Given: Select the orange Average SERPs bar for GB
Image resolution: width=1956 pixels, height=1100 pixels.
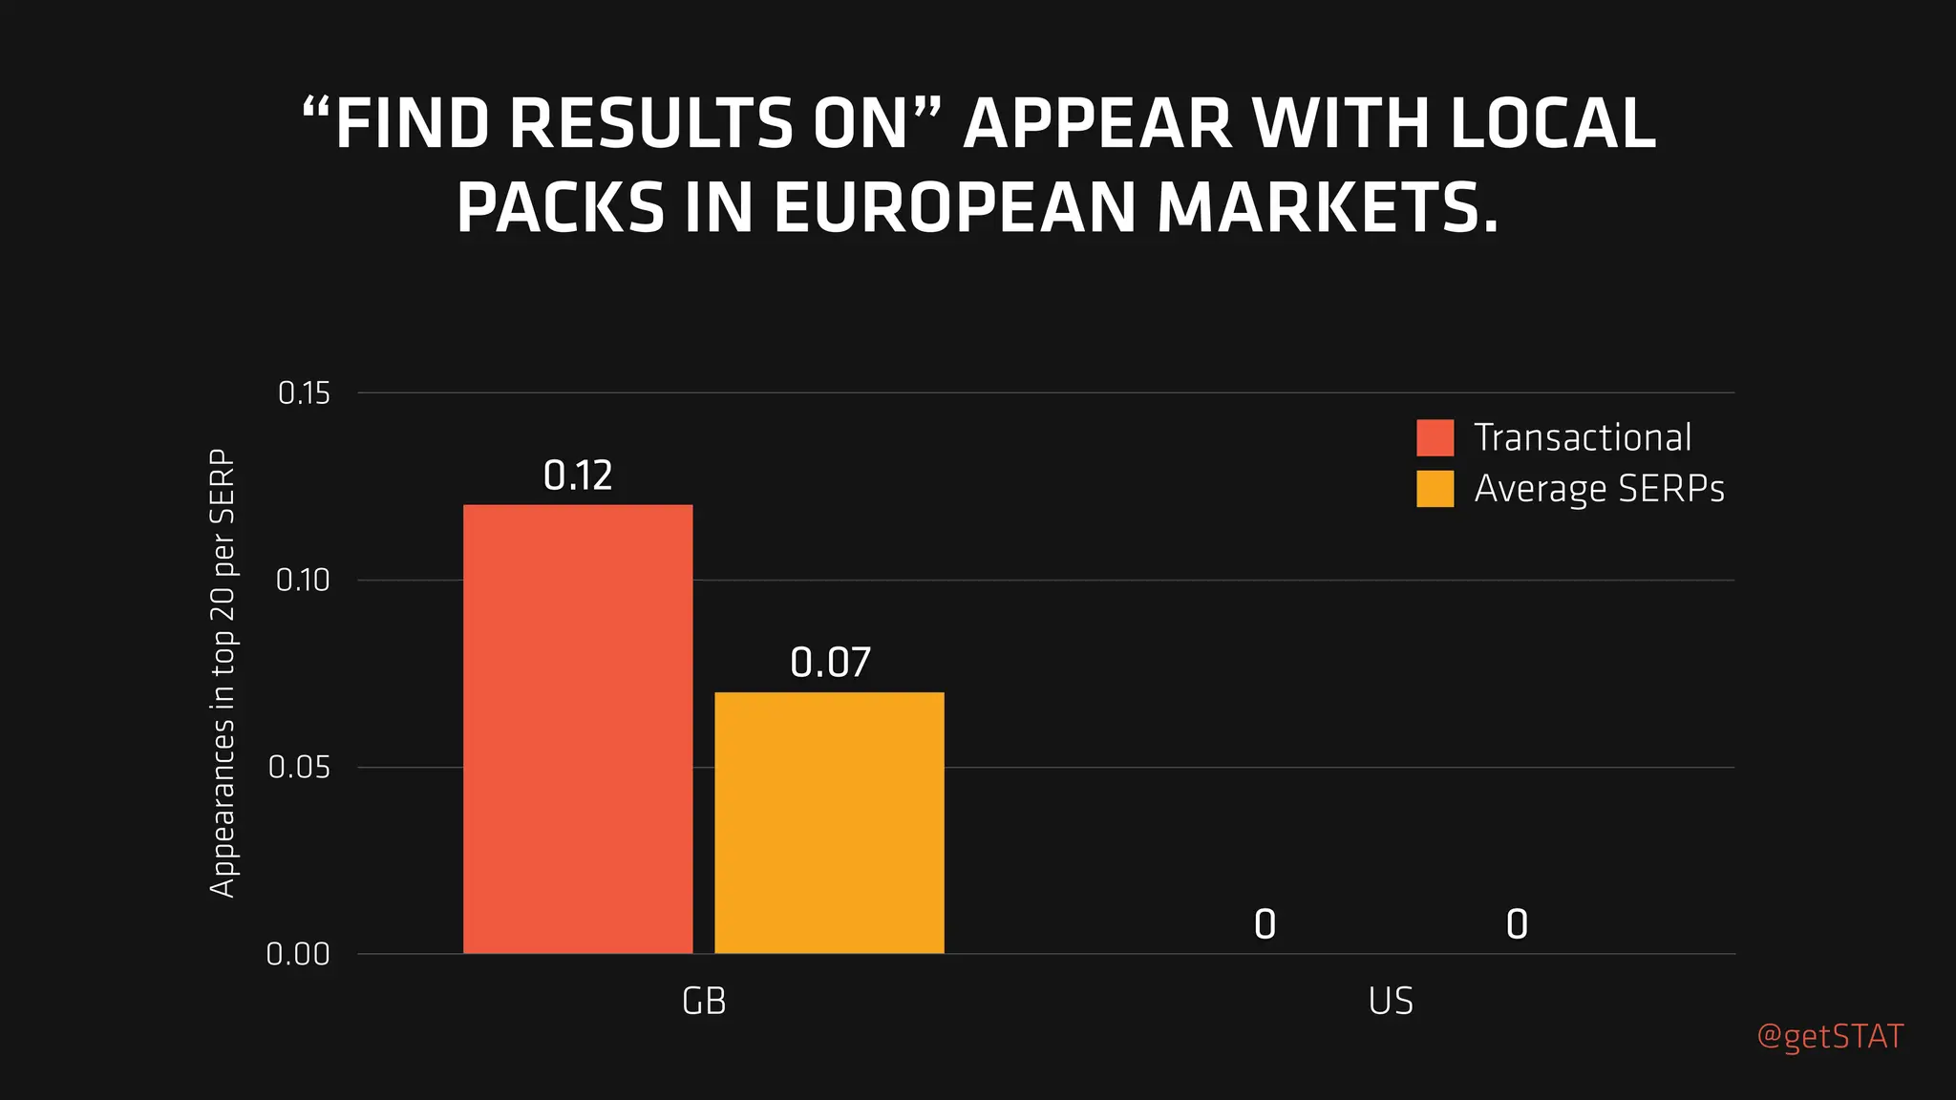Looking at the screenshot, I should point(829,822).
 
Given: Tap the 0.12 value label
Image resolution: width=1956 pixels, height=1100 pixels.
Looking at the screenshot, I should point(578,476).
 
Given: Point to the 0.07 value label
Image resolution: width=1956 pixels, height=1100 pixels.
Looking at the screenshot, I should point(830,663).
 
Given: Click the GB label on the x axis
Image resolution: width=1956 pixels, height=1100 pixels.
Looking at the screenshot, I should point(704,1002).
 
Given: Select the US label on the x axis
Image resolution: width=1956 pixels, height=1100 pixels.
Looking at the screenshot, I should point(1391,1002).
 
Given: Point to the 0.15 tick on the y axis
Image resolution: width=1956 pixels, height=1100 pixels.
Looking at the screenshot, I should point(304,392).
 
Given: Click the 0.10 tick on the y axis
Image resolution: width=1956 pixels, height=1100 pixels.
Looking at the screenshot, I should point(303,580).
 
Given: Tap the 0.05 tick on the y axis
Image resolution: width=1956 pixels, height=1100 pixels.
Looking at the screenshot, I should point(299,767).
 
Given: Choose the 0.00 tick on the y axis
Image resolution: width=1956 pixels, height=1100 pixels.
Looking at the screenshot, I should point(298,954).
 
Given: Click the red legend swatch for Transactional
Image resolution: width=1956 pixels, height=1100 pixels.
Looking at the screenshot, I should point(1435,437).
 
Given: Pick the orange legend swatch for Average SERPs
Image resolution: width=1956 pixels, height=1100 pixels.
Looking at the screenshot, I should point(1435,489).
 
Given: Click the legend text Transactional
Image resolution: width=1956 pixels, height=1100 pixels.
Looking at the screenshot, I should point(1583,437).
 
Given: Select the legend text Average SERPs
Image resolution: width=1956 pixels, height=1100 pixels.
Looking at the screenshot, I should point(1599,489).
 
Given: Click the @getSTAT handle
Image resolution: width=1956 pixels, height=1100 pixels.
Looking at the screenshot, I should point(1830,1036).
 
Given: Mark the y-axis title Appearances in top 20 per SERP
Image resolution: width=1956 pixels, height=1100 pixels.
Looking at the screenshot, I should point(222,673).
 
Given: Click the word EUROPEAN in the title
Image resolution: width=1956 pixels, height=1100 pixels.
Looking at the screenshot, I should point(955,208).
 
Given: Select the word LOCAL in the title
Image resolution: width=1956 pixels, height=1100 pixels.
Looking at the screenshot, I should point(1553,124).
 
